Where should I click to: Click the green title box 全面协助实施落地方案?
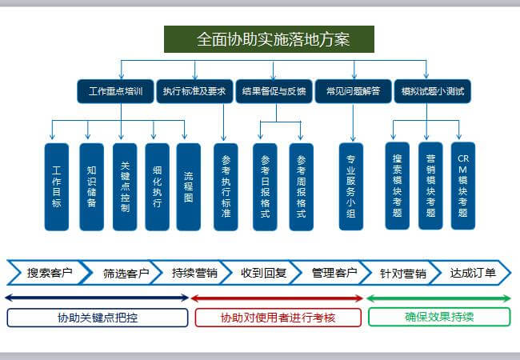[269, 39]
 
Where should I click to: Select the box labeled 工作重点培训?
[115, 91]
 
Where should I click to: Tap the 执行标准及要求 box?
[194, 91]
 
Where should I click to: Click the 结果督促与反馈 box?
[274, 91]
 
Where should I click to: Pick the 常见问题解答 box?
[353, 91]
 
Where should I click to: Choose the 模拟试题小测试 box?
[433, 91]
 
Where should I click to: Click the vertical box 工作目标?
[57, 187]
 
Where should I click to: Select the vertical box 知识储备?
[91, 187]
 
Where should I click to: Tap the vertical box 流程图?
[188, 187]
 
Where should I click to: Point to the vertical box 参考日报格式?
[265, 187]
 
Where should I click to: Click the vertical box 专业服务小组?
[351, 186]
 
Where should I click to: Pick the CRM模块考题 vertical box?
[463, 186]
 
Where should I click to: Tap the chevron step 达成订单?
[470, 273]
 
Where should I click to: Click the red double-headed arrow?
[277, 298]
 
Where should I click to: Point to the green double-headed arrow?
[438, 298]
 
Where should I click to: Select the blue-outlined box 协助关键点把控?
[98, 318]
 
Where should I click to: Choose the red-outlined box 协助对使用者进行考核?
[278, 318]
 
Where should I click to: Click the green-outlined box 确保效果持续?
[439, 317]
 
